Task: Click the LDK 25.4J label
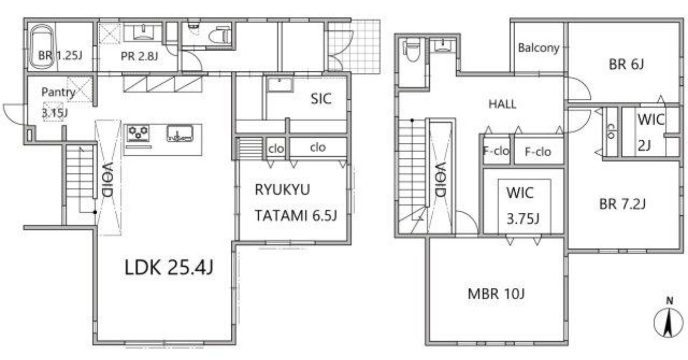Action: coord(169,267)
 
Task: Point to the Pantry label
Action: coord(58,92)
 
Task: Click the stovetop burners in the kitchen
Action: coord(138,132)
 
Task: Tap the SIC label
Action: coord(321,98)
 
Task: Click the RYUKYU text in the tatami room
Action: coord(282,190)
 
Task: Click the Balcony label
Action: coord(539,48)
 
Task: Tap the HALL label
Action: coord(502,105)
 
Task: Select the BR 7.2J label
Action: coord(622,204)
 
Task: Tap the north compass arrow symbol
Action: coord(669,321)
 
